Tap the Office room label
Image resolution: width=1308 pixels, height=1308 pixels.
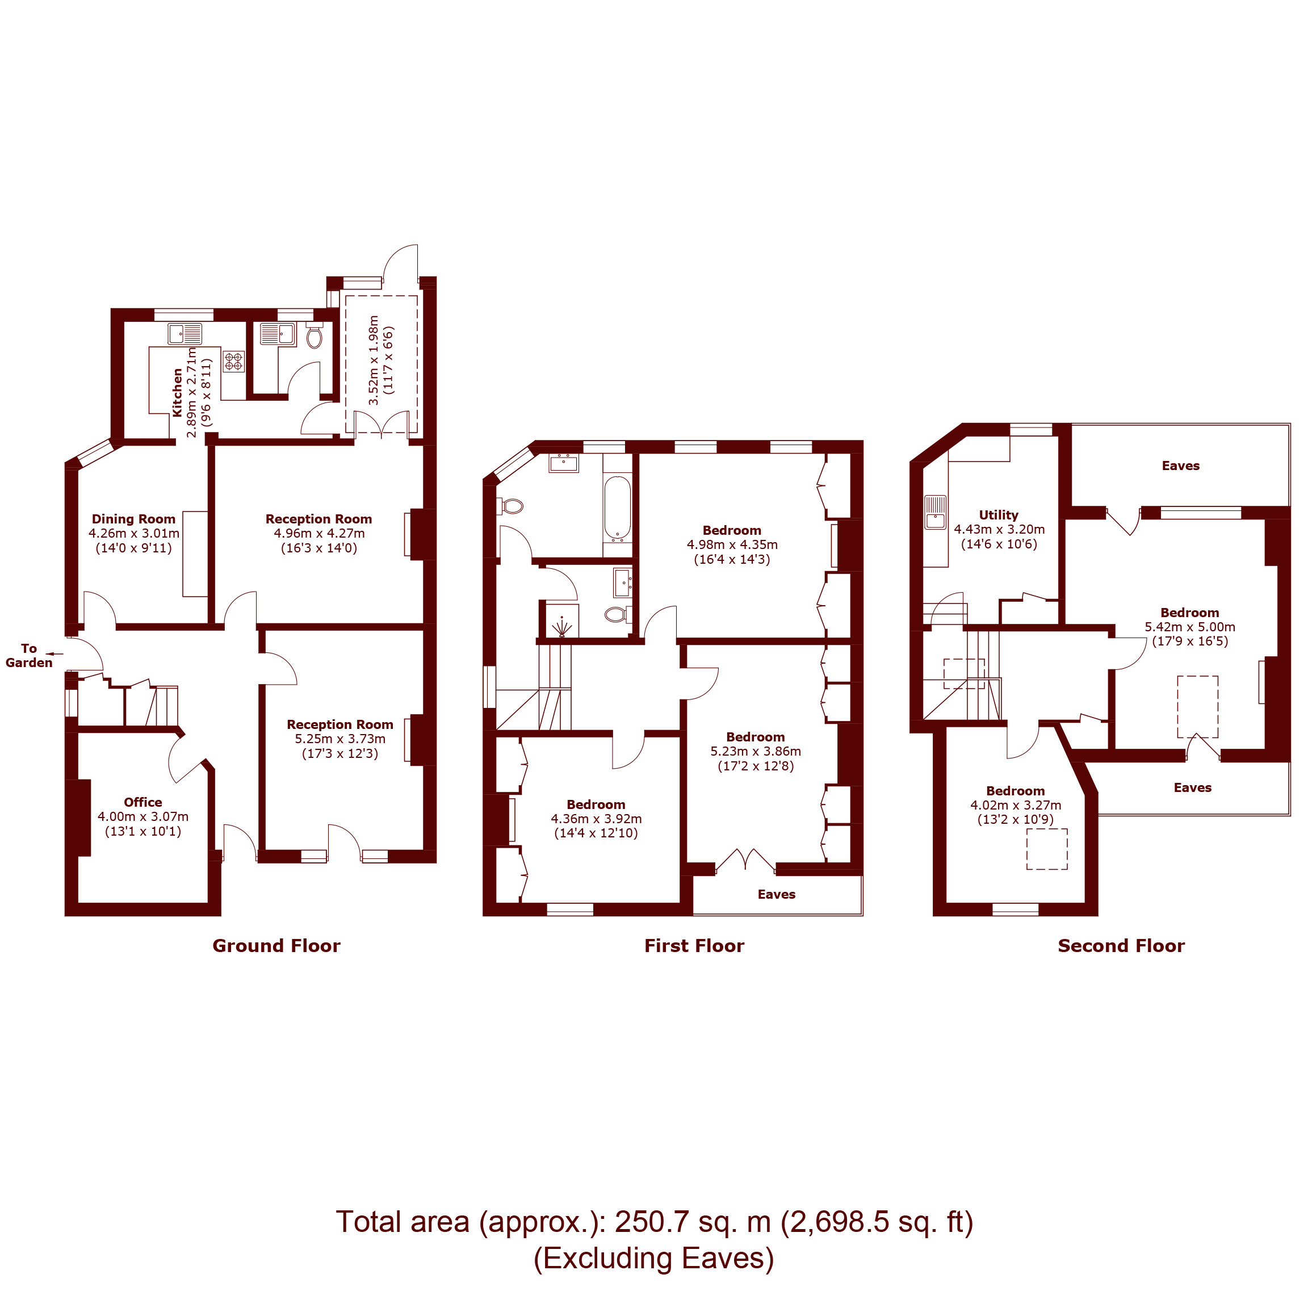coord(143,802)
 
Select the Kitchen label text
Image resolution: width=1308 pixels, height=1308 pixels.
coord(177,393)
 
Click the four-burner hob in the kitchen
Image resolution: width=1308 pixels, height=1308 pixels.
coord(233,361)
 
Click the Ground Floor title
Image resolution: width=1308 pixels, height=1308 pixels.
coord(276,946)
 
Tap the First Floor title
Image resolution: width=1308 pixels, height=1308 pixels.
coord(694,946)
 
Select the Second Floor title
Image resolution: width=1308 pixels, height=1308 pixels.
coord(1121,946)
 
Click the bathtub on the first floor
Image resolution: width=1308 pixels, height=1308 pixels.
coord(617,508)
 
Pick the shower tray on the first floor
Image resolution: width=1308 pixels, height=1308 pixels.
coord(562,620)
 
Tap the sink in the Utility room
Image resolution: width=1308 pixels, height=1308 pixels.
coord(935,513)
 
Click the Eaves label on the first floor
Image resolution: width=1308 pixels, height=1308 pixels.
coord(777,894)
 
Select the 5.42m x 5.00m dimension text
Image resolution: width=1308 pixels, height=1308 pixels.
coord(1189,627)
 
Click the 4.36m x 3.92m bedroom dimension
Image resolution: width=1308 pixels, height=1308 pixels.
coord(596,819)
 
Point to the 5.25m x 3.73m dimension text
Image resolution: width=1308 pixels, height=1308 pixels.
coord(340,739)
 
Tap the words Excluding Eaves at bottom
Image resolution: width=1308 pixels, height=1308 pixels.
coord(653,1258)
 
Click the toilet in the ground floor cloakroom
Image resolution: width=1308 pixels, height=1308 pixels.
coord(314,337)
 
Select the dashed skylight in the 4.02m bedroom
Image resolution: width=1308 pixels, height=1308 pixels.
coord(1047,849)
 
